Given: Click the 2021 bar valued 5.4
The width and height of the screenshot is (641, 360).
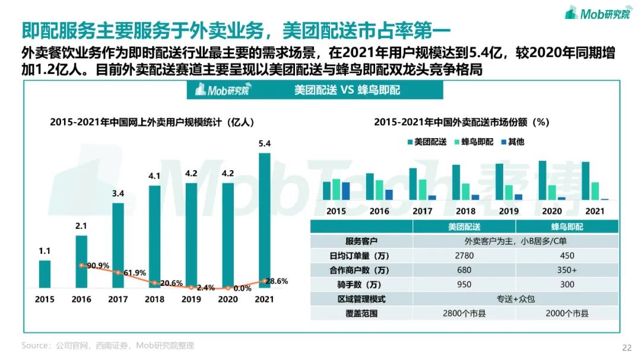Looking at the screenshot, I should (265, 220).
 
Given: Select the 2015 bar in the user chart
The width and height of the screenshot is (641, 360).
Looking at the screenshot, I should (45, 273).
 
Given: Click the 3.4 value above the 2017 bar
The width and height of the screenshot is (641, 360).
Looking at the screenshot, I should (118, 193).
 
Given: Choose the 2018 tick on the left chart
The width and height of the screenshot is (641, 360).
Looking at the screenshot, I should (154, 299).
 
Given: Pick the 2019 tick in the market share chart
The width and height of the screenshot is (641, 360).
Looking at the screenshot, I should (509, 211).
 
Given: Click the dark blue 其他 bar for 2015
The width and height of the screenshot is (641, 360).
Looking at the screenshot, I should (346, 191).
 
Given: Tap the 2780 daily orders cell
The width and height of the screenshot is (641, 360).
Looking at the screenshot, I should (464, 256).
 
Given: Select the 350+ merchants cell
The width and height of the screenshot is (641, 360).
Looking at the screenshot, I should (567, 270).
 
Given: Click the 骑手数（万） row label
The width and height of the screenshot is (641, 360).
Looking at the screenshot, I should (361, 284).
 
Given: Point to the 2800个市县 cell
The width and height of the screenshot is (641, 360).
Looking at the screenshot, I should (464, 313).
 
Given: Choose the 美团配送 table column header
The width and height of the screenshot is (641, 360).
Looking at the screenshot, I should (464, 227).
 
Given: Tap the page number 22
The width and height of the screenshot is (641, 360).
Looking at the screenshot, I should (626, 348).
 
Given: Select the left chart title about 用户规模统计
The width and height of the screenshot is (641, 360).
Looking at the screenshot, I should (152, 122).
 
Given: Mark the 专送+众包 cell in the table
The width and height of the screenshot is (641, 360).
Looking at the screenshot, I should (515, 299).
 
